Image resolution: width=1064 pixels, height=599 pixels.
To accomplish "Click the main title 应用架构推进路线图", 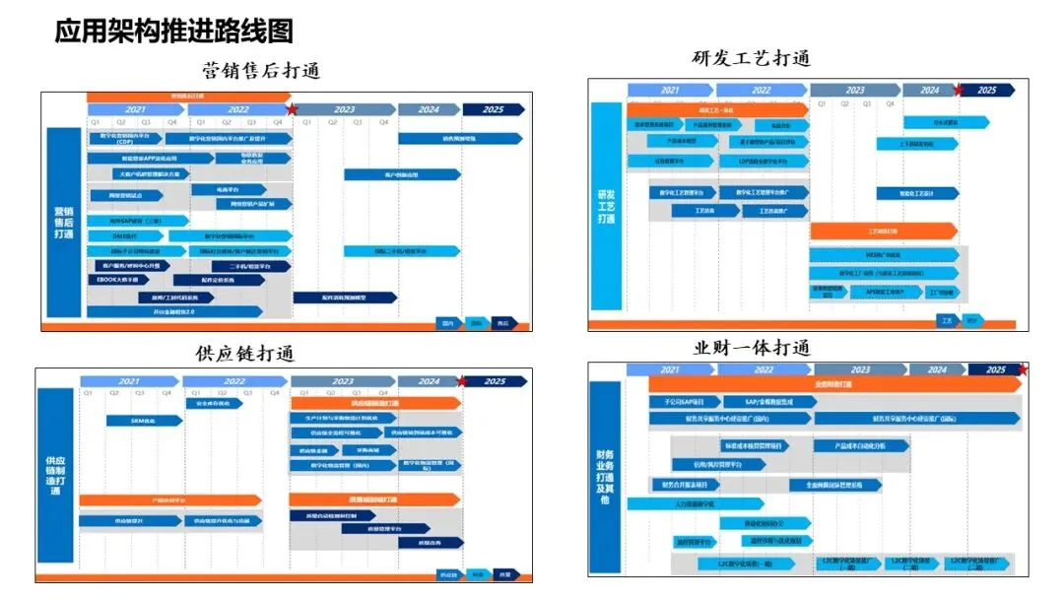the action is [173, 31].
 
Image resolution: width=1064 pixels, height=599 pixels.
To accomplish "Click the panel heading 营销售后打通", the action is [261, 71].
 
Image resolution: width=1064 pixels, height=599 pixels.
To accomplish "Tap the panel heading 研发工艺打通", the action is [751, 58].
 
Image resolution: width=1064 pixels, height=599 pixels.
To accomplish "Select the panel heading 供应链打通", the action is [245, 353].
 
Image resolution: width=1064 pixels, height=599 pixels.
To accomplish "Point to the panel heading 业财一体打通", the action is [751, 348].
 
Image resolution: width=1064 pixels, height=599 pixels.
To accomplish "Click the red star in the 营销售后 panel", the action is [292, 109].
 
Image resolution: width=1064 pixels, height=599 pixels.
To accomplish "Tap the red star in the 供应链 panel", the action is [461, 381].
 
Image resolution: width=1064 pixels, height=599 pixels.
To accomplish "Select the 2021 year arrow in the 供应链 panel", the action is [130, 381].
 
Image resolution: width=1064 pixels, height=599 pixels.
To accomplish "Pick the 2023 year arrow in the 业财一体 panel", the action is [859, 369].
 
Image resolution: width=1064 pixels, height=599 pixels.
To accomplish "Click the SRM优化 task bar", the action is [144, 420].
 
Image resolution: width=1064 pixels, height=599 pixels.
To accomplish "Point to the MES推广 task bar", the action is [883, 255].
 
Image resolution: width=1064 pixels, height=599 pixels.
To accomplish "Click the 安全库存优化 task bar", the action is [212, 403].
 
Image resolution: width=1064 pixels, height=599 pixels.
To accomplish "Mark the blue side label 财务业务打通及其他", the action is [605, 478].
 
